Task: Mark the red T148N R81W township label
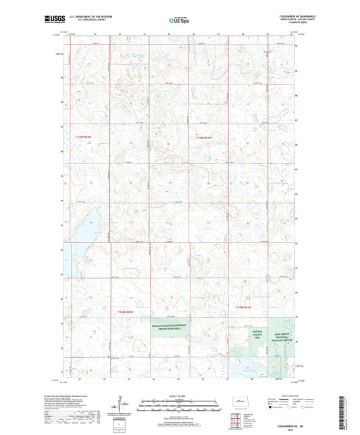pyautogui.click(x=243, y=307)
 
